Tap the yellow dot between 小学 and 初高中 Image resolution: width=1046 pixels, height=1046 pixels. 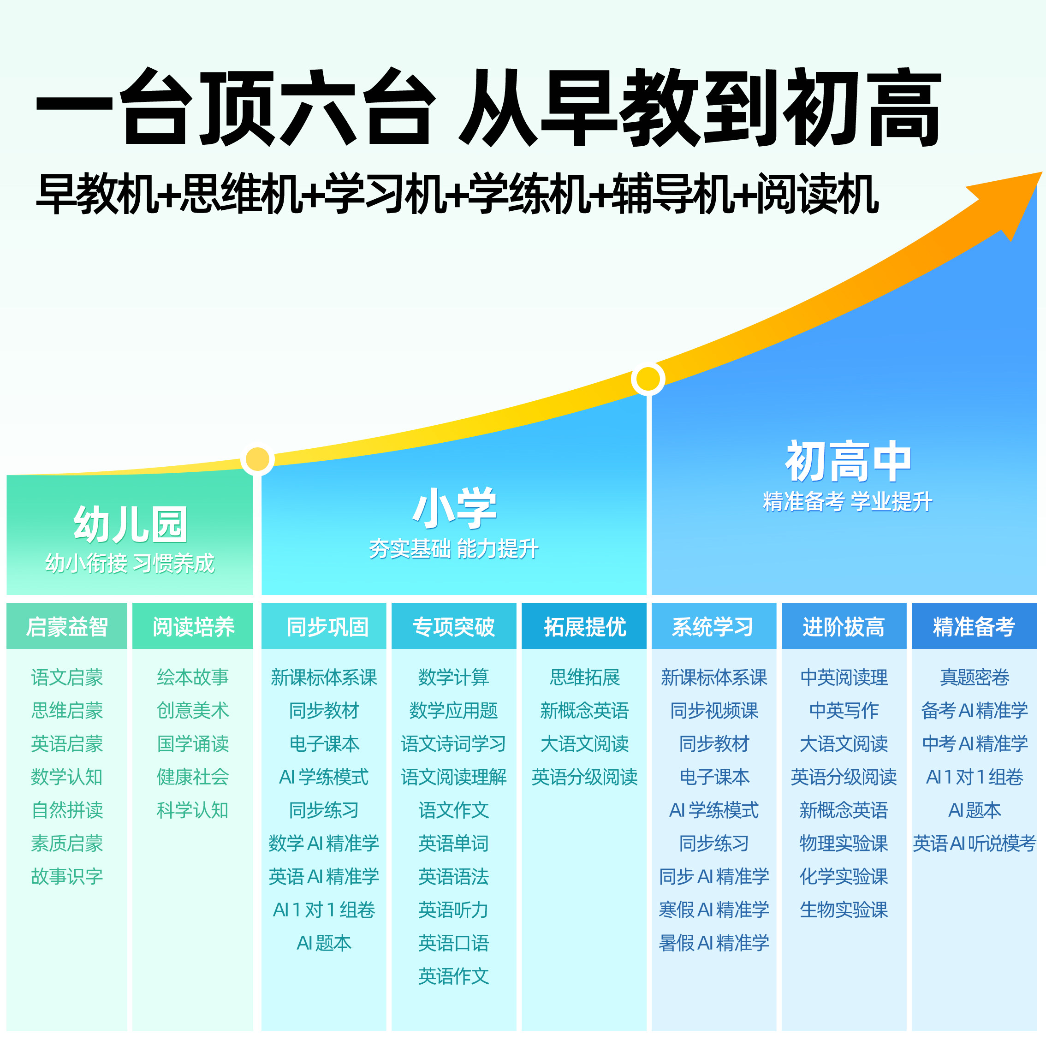click(648, 379)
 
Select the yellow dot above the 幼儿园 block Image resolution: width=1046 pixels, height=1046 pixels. click(257, 459)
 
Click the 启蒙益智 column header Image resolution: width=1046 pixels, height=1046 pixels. click(67, 627)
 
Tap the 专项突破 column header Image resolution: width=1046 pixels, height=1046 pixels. click(454, 627)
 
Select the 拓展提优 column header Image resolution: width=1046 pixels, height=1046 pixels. click(585, 627)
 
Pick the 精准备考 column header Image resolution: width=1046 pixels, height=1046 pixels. click(974, 627)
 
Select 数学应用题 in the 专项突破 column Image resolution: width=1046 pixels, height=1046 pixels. click(454, 710)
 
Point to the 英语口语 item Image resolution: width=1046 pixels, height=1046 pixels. click(454, 943)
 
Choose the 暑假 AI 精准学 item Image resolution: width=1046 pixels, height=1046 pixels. click(713, 943)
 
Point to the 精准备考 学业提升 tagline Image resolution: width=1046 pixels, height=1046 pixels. click(847, 502)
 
